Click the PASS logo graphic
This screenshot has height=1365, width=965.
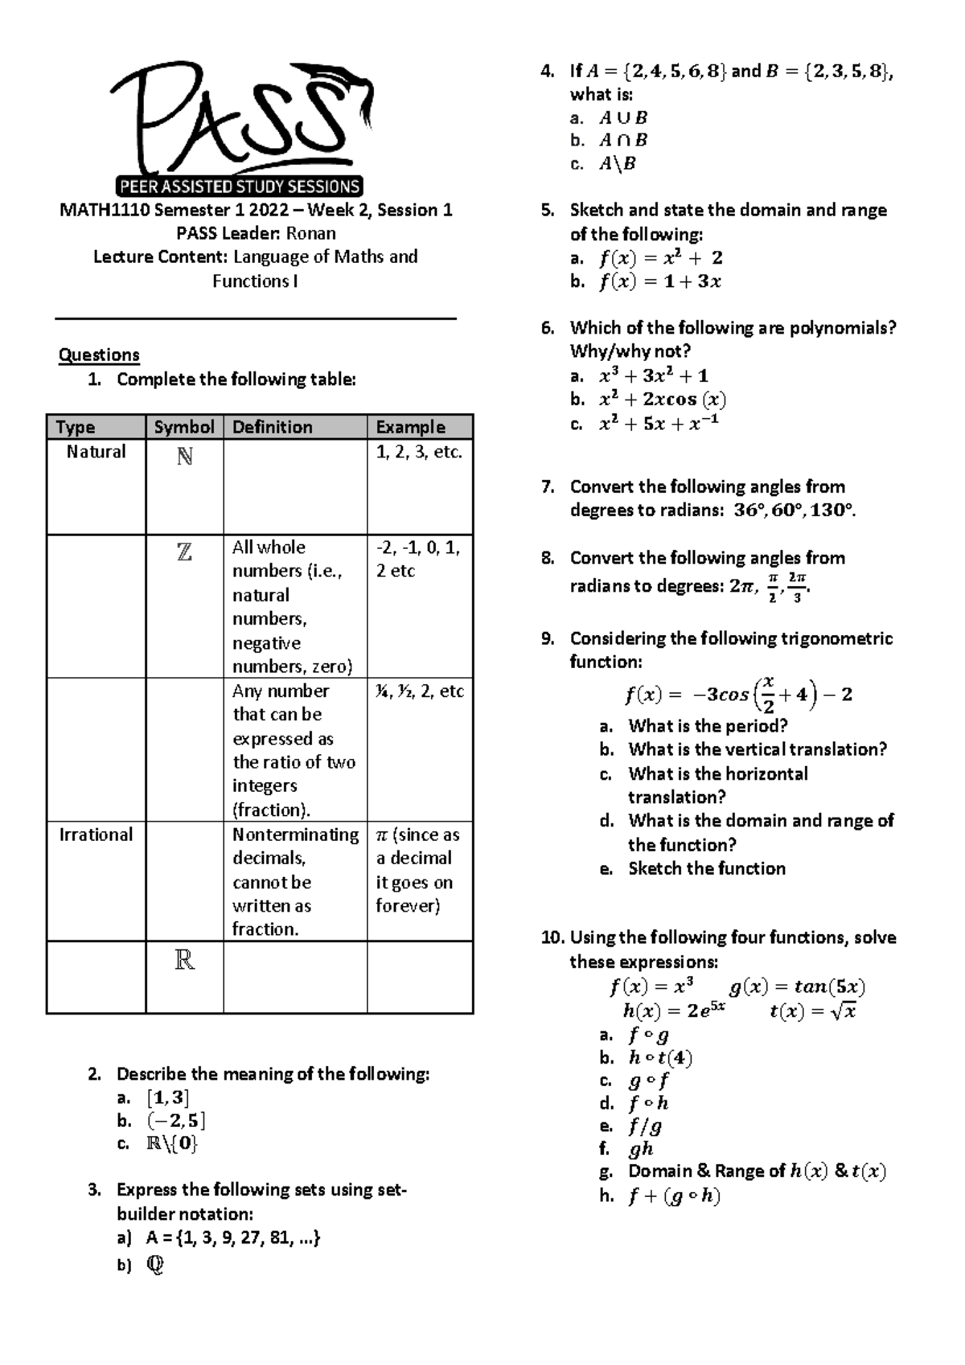[241, 129]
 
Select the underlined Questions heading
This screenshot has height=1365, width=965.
[99, 355]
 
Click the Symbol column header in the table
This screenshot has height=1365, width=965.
[184, 427]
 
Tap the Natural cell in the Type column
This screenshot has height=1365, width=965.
[96, 452]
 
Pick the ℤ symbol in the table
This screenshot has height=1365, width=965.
[184, 552]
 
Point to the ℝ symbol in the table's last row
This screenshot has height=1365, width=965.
[184, 960]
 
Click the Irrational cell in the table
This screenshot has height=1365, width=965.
[96, 834]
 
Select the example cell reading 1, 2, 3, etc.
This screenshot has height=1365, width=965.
[419, 452]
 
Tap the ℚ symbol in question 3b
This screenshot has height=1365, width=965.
[155, 1265]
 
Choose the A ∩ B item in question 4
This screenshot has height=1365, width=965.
[623, 141]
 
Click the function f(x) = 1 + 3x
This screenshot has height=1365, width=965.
[659, 281]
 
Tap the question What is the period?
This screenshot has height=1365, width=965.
[708, 726]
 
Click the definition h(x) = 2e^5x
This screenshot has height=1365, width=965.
[674, 1010]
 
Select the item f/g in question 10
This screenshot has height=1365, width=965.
[645, 1126]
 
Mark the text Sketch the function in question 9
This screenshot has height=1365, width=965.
[707, 869]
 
